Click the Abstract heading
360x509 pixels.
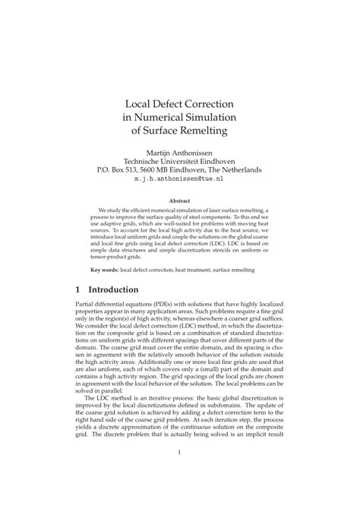(180, 201)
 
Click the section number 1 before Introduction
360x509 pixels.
(79, 289)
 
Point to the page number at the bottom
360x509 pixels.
(180, 476)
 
